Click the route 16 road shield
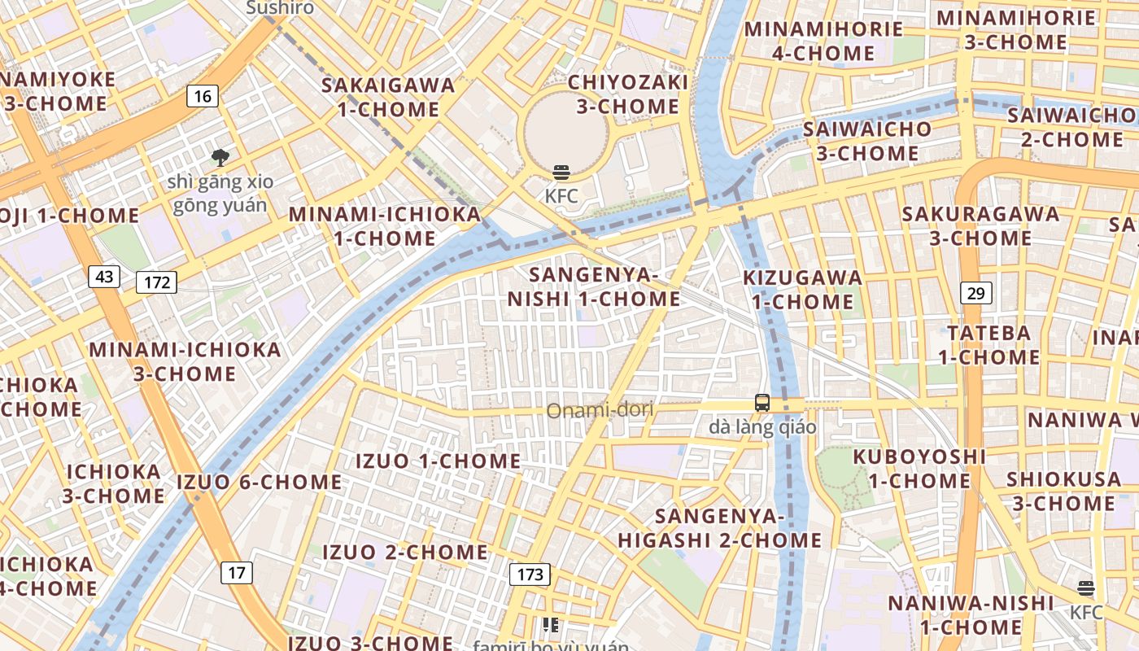[203, 97]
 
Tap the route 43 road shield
[104, 277]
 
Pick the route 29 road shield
[975, 293]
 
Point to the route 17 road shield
[236, 573]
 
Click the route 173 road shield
[530, 575]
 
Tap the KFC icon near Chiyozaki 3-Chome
[561, 173]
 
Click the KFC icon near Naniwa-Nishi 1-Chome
[1085, 588]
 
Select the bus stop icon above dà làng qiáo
[762, 402]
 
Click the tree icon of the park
[220, 158]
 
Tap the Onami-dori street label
[600, 410]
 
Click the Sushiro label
[280, 8]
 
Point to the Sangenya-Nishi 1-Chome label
[593, 286]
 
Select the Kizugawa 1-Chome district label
[802, 290]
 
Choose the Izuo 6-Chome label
[260, 482]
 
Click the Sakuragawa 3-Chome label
[980, 226]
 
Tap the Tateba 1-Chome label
[988, 344]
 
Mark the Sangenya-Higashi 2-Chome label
[720, 527]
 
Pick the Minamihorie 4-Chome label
[823, 41]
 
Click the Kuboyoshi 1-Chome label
[919, 468]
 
